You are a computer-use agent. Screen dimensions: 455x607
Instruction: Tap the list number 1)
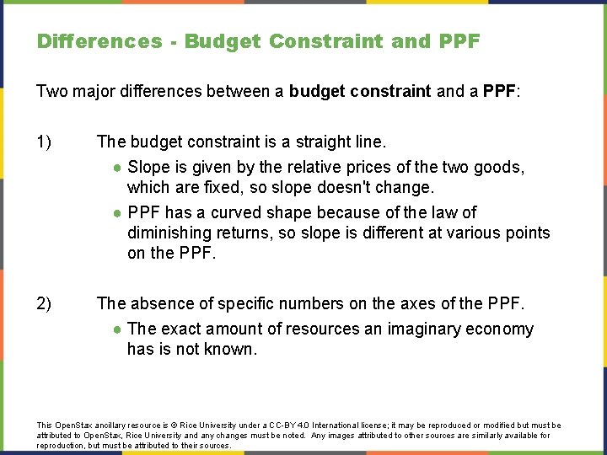point(46,142)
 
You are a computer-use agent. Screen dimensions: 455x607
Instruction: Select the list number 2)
point(46,303)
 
